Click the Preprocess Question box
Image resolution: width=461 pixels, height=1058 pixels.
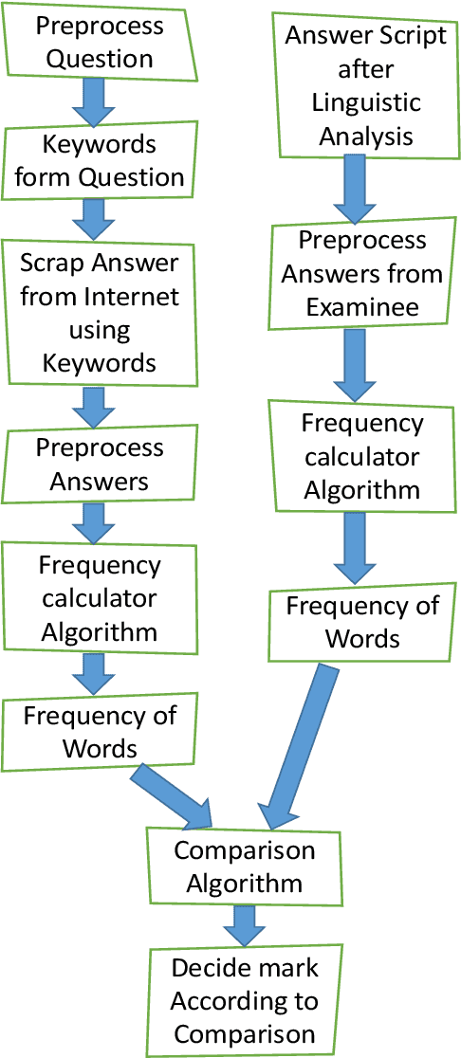[x=101, y=42]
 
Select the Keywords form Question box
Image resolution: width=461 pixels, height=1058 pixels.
[x=101, y=162]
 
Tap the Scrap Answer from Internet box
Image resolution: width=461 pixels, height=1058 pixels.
[x=101, y=314]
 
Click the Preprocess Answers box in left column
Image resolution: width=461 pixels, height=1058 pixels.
[x=101, y=464]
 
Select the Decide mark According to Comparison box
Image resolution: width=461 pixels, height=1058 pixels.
[x=245, y=1000]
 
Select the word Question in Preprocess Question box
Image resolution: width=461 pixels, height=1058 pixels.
[x=101, y=59]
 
